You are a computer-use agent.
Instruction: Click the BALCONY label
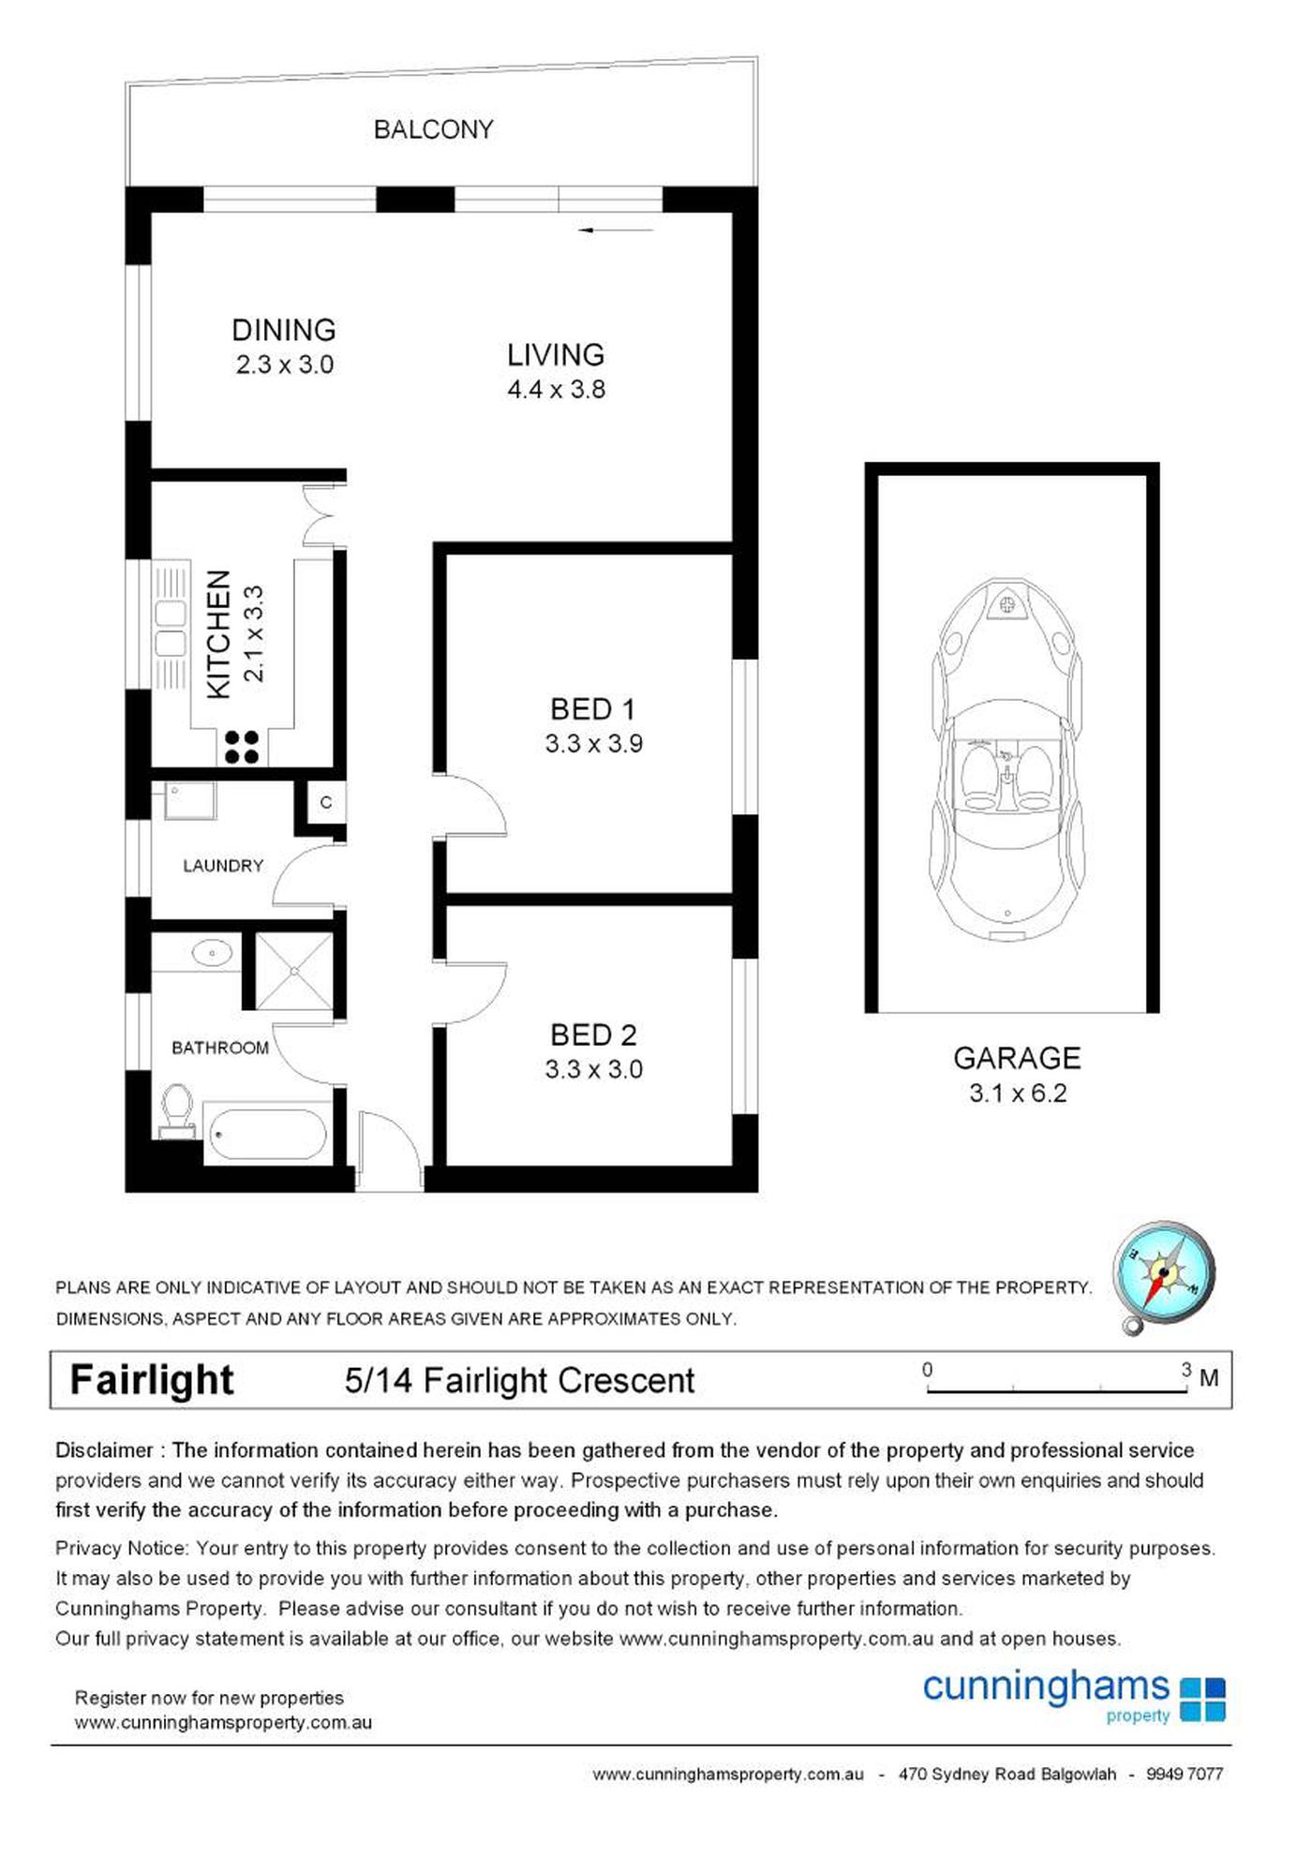tap(433, 129)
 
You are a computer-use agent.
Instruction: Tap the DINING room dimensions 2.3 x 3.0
tap(285, 364)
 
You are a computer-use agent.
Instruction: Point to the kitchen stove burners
tap(241, 747)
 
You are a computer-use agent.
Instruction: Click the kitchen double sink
tap(171, 629)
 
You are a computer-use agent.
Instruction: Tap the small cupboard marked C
tap(325, 803)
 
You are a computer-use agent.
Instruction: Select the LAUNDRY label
tap(223, 866)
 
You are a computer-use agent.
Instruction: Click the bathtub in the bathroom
tap(267, 1135)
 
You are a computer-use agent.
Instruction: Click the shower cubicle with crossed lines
tap(293, 971)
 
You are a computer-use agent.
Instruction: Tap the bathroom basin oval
tap(212, 954)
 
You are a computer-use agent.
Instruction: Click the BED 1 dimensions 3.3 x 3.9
tap(593, 744)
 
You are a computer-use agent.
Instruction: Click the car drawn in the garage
tap(1007, 759)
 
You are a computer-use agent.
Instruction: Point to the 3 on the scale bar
tap(1185, 1370)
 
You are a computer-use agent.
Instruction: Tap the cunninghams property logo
tap(1073, 1696)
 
